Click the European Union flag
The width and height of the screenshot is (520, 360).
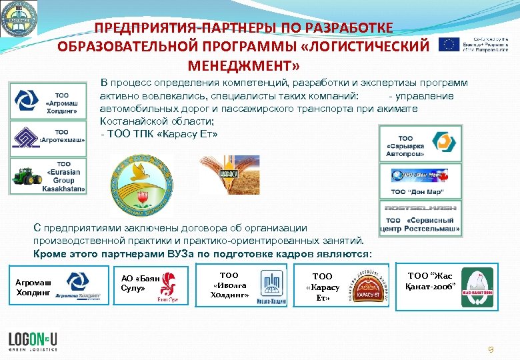448,44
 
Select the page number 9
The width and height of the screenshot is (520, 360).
491,349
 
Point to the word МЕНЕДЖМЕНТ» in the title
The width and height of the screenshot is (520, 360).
244,67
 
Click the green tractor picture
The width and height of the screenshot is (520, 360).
27,177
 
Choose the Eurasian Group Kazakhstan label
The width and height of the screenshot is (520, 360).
65,177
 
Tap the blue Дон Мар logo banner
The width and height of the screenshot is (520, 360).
418,175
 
